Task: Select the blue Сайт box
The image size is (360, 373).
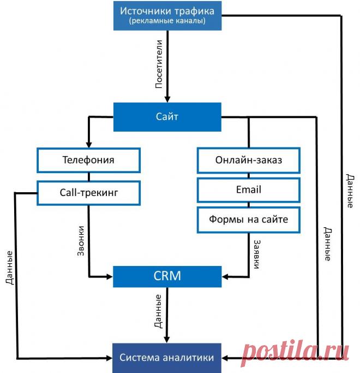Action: pyautogui.click(x=167, y=117)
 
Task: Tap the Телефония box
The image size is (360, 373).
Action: pyautogui.click(x=88, y=160)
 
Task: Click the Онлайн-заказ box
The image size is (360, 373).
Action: pyautogui.click(x=249, y=160)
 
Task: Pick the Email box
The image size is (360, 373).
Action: pyautogui.click(x=249, y=190)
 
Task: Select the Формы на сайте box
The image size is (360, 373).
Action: pyautogui.click(x=249, y=219)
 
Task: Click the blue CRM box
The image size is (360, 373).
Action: pyautogui.click(x=167, y=276)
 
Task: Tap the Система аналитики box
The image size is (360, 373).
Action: pyautogui.click(x=167, y=358)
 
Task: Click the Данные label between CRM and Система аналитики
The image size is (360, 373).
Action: pyautogui.click(x=158, y=311)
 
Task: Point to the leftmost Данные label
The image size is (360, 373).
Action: pyautogui.click(x=10, y=268)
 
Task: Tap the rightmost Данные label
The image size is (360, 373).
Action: pyautogui.click(x=349, y=191)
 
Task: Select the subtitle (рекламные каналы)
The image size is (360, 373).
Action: pyautogui.click(x=167, y=21)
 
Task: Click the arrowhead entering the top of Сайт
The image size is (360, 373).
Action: pyautogui.click(x=167, y=98)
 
